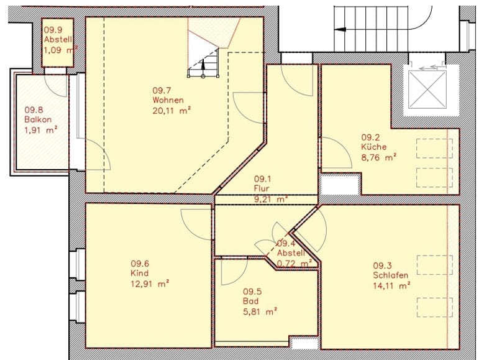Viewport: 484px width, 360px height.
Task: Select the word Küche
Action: click(374, 147)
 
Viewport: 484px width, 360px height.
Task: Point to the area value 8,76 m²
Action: click(379, 158)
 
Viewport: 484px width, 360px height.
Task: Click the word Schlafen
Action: click(391, 275)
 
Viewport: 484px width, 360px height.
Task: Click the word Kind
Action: click(139, 273)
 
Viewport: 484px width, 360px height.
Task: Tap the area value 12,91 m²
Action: click(149, 284)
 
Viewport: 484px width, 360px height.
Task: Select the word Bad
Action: click(249, 302)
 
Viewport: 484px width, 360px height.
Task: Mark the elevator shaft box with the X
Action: click(427, 91)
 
